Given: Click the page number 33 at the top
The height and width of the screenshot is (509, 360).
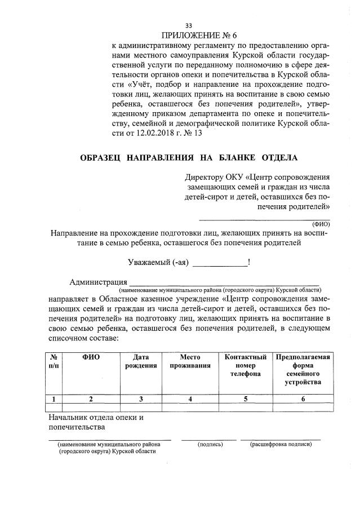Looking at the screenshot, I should click(188, 25).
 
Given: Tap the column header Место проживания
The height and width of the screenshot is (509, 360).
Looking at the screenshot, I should click(190, 361).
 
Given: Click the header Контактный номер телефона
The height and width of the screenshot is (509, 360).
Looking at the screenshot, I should click(245, 365).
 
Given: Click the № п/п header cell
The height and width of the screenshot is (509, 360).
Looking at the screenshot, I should click(53, 361).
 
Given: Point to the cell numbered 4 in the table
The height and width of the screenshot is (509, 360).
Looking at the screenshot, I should click(190, 399).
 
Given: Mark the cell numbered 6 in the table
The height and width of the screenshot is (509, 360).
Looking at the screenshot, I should click(303, 399).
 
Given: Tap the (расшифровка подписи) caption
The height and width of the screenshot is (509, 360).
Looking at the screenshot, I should click(281, 444).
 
